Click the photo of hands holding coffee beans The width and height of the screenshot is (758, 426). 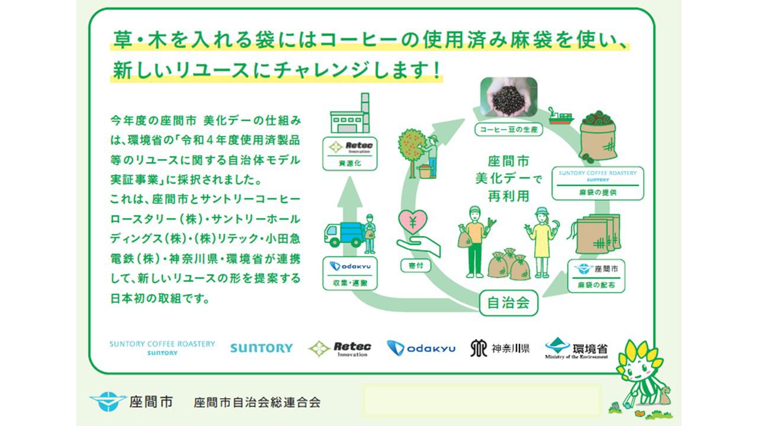509,98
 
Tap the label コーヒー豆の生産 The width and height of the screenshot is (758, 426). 509,130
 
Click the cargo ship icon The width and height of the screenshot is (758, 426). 560,116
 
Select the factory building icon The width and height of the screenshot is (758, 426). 350,115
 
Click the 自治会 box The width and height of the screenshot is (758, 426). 508,304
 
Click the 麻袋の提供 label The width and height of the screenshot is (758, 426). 598,193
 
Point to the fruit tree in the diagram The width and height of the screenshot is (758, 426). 413,146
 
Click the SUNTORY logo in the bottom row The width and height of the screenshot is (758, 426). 261,348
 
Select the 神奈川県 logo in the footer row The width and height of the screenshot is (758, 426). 500,348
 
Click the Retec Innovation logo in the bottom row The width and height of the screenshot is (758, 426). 340,348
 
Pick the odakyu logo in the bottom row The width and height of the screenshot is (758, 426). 421,348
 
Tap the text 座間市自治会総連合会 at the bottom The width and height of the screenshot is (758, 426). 257,403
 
